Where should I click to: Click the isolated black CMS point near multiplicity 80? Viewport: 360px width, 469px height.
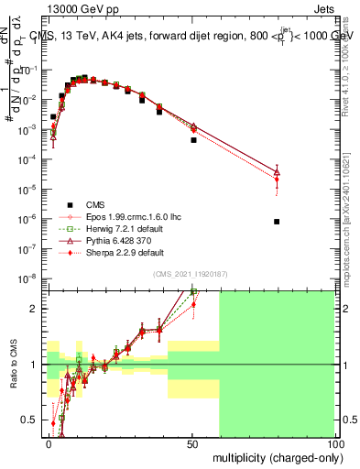277,222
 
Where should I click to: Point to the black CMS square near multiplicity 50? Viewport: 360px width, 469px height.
193,140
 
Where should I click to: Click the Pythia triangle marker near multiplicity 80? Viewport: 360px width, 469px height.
277,172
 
